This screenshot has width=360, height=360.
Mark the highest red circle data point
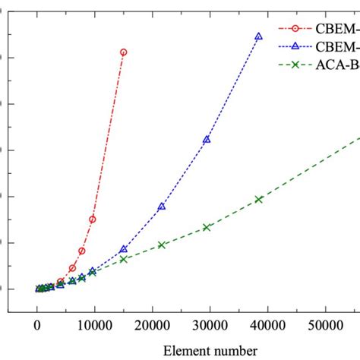[x=124, y=52]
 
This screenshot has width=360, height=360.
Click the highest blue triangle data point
[x=258, y=36]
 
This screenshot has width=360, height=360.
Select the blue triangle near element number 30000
[x=207, y=140]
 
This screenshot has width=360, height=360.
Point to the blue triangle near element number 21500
[x=161, y=207]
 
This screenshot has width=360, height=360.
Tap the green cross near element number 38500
[x=258, y=199]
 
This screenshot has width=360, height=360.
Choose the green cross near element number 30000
[x=207, y=227]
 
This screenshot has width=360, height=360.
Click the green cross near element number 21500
[x=161, y=245]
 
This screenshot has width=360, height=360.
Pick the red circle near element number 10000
[x=93, y=219]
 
